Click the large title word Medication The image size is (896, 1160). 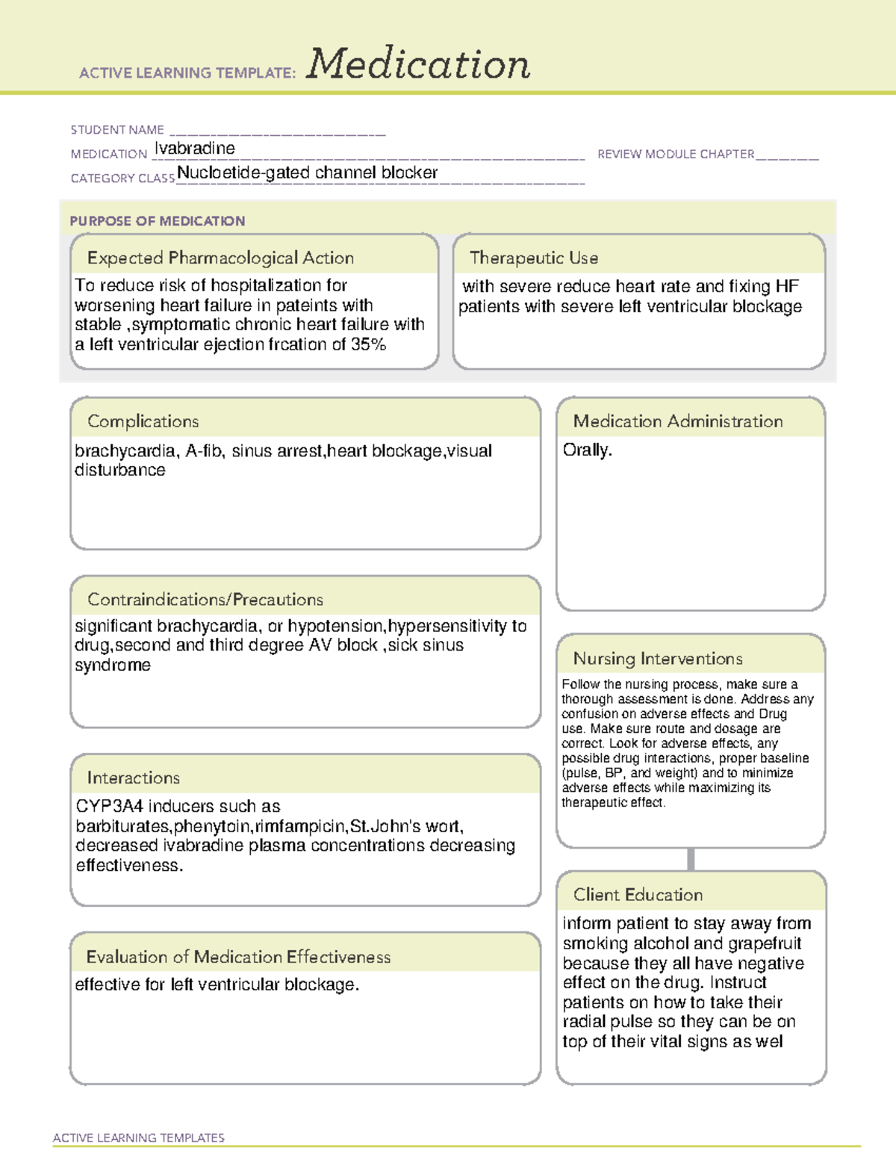click(x=418, y=64)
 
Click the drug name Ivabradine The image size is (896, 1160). click(x=195, y=149)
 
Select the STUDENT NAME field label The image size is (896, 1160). click(x=117, y=130)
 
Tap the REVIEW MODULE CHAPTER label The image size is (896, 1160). click(x=676, y=154)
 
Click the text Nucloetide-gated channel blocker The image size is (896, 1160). click(x=307, y=173)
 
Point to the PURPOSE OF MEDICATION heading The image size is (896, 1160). click(x=158, y=221)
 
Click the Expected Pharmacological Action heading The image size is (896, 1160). click(x=220, y=258)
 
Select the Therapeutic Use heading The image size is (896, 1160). click(x=533, y=258)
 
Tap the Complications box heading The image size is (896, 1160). click(x=143, y=421)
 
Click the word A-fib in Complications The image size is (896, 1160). click(x=203, y=451)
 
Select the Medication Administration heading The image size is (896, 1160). click(x=677, y=421)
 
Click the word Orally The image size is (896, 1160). click(x=587, y=450)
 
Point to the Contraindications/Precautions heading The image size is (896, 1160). click(x=205, y=599)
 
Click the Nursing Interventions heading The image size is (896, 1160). click(x=657, y=658)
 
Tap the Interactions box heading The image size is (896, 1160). click(x=133, y=778)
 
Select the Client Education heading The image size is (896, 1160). click(x=638, y=894)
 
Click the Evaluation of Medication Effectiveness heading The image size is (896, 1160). click(x=238, y=957)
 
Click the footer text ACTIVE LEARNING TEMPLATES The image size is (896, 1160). click(x=138, y=1138)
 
